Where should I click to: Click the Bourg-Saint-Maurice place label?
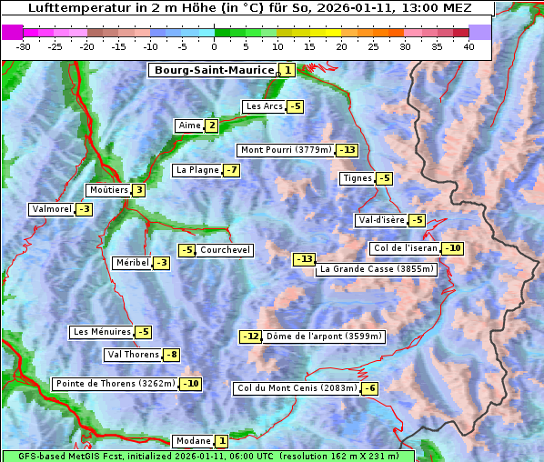point(214,70)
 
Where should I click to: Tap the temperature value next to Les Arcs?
point(296,106)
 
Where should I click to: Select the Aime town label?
point(189,126)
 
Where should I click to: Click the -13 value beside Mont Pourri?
point(347,150)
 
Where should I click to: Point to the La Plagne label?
point(194,170)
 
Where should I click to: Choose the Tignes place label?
point(357,178)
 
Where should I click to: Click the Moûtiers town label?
point(108,190)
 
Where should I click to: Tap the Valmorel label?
point(51,209)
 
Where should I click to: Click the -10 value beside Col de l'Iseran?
point(452,248)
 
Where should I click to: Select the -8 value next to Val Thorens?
point(171,355)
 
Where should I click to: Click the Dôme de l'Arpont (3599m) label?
point(324,336)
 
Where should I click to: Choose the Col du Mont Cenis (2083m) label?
point(296,388)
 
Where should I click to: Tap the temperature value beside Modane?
point(221,441)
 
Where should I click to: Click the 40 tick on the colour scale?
point(468,45)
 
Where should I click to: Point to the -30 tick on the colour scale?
point(24,45)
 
